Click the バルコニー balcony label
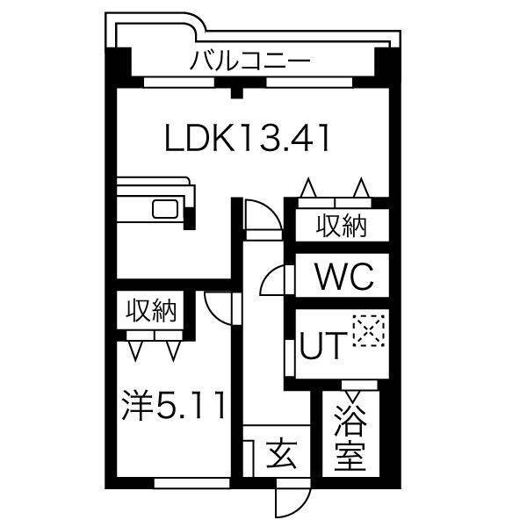[x=250, y=62]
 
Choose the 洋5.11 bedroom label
[x=175, y=405]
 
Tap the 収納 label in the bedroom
[x=151, y=311]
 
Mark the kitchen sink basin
[x=165, y=210]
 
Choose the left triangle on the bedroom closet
[x=137, y=350]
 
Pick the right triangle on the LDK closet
[x=360, y=188]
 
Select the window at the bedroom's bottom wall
[x=191, y=481]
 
